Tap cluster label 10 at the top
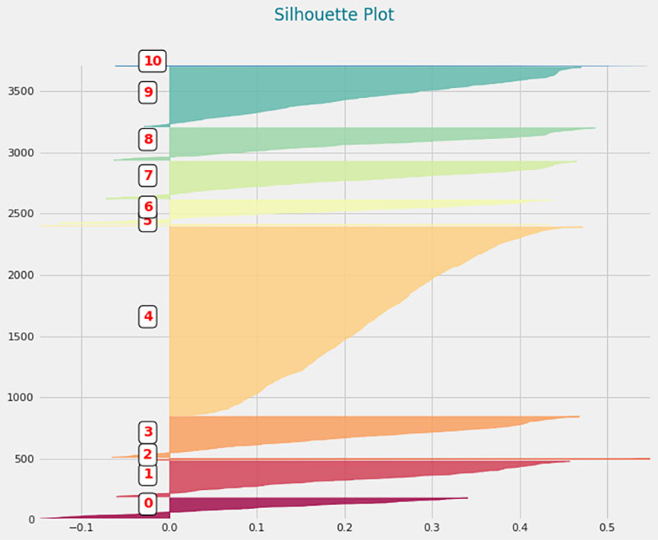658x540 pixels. [x=152, y=61]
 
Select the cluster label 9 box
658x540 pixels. [x=148, y=92]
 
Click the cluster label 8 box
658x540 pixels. [x=148, y=140]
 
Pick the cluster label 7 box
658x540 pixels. [x=148, y=175]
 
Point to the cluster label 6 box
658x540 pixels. [x=148, y=206]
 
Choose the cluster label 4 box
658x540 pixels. [x=148, y=316]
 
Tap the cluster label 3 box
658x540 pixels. [x=148, y=432]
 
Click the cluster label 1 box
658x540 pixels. [x=148, y=474]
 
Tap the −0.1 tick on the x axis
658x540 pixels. [x=80, y=529]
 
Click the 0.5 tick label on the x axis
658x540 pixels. [x=608, y=529]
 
